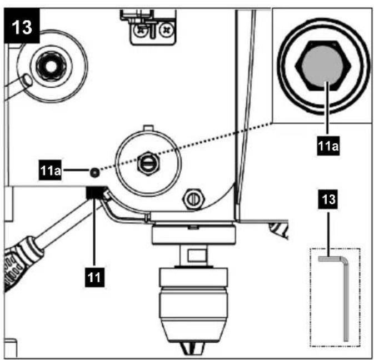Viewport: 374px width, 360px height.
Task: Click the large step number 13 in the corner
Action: coord(22,26)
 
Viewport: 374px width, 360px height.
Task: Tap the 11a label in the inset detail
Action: coord(328,146)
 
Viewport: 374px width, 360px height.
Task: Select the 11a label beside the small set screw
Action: coord(50,170)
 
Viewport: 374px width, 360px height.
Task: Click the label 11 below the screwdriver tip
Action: coord(94,277)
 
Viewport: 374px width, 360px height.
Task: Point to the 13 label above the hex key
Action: coord(328,199)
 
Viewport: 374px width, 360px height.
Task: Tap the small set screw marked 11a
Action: coord(94,172)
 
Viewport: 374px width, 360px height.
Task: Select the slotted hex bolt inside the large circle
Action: coord(148,164)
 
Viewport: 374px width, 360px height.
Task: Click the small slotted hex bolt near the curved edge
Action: coord(193,199)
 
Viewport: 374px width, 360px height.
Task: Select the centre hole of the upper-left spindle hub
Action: coord(51,67)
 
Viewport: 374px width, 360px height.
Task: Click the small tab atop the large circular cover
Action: coord(148,128)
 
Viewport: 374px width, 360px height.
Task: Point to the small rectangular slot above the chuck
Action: coord(197,255)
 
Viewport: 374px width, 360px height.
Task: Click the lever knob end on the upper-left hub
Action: coord(27,81)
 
